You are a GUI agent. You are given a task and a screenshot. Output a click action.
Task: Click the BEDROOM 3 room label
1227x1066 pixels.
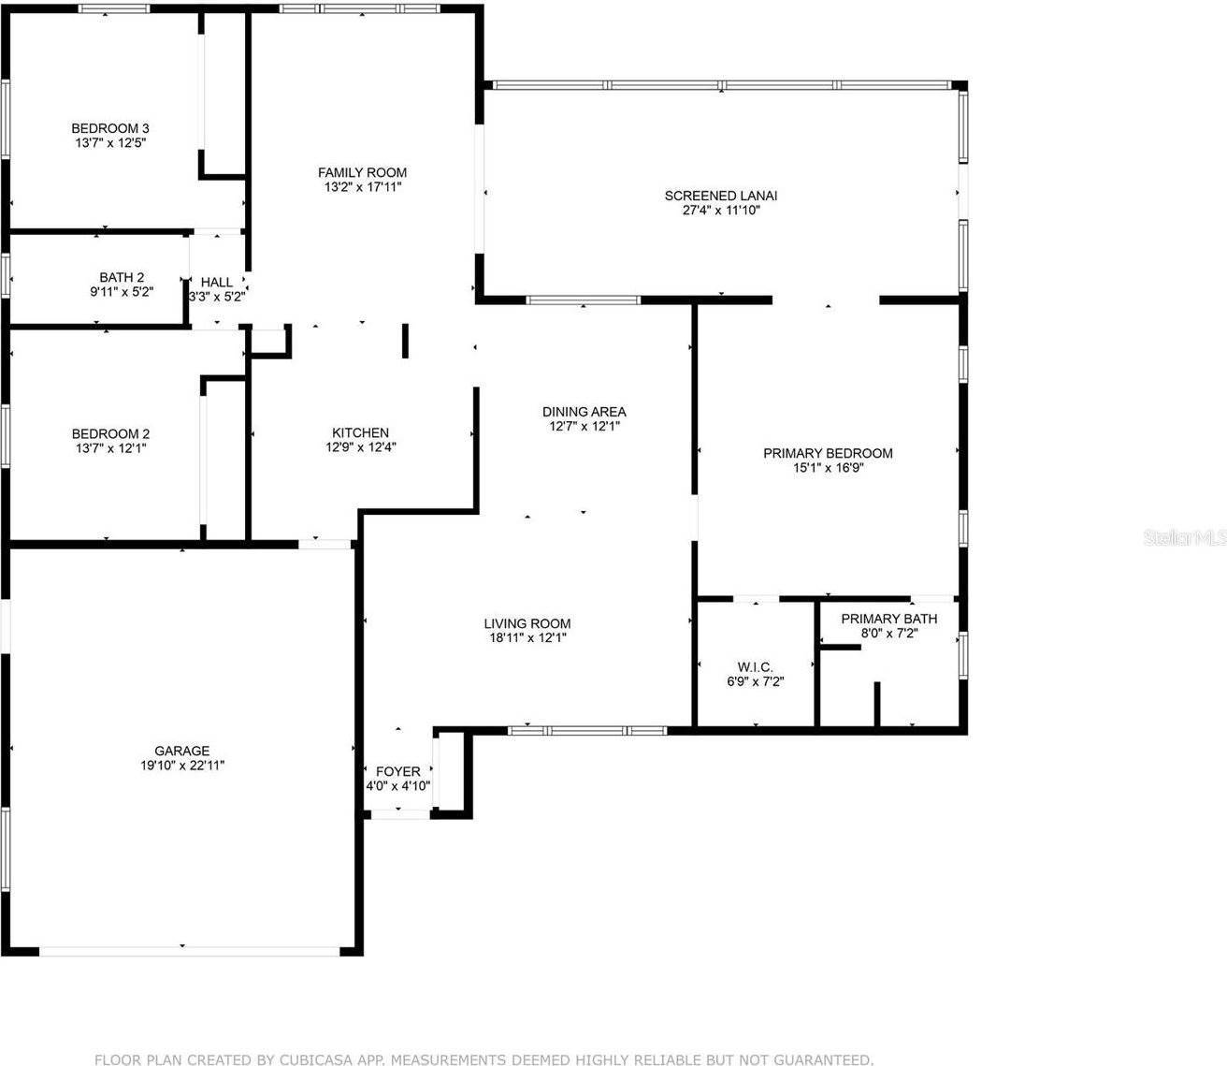[110, 128]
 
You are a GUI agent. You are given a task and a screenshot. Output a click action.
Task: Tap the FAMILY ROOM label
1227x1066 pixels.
[362, 172]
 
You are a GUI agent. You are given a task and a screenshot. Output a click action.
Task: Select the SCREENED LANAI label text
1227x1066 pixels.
[721, 196]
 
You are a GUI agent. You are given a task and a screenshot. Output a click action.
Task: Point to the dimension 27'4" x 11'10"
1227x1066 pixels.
[721, 211]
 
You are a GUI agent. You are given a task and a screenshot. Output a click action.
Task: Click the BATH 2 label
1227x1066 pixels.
[122, 277]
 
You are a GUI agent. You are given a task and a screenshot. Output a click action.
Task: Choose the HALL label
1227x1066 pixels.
[217, 282]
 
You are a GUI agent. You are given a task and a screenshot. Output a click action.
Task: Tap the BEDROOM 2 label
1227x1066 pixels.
[110, 434]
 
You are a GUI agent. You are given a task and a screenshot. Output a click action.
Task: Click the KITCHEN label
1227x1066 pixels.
[360, 432]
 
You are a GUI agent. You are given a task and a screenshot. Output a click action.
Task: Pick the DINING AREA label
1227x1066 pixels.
[585, 412]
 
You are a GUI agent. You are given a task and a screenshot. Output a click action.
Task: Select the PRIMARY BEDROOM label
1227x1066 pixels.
[828, 453]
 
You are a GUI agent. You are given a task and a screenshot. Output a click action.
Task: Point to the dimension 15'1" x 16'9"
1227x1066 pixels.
[828, 468]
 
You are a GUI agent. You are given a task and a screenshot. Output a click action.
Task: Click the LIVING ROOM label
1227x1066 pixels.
[527, 623]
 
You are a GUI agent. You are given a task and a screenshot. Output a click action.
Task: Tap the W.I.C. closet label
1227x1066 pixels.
[754, 666]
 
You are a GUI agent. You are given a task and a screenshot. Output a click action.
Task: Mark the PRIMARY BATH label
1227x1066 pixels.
[888, 619]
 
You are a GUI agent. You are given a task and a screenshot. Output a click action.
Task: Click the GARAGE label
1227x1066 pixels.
[182, 751]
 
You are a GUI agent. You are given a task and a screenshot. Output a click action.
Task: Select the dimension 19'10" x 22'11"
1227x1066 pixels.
[182, 766]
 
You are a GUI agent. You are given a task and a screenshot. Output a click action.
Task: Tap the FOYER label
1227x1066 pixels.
[397, 771]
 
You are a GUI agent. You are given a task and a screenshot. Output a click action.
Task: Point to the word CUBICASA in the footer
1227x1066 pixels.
[313, 1059]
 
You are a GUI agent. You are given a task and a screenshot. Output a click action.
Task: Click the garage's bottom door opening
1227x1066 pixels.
[189, 951]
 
